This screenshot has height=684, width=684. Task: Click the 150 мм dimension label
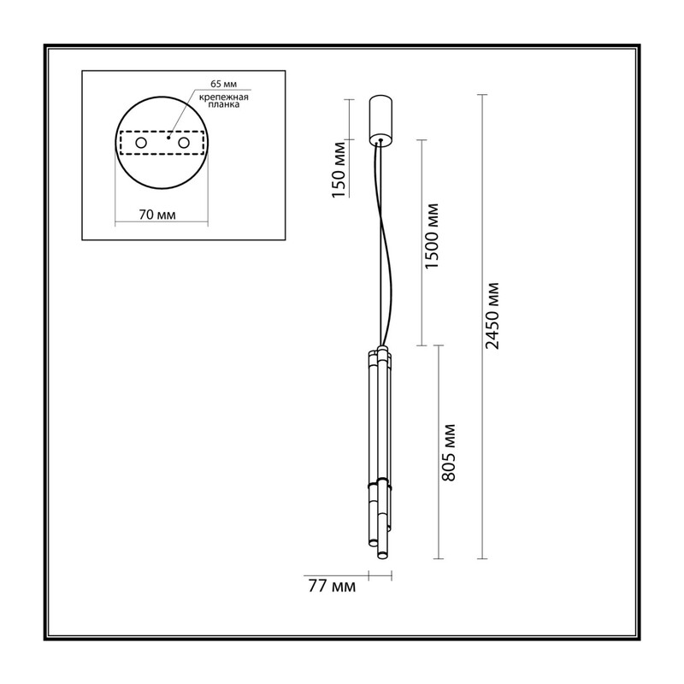coord(339,169)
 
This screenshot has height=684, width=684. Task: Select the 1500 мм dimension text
coord(432,236)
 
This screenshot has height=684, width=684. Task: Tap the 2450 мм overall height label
coord(492,315)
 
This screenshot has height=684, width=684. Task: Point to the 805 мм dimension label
coord(448,452)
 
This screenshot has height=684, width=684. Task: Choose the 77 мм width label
coord(332,587)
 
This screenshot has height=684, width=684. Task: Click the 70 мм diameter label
coord(157,215)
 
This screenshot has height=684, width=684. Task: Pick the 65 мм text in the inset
coord(224,84)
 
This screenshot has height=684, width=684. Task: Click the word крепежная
coord(224,97)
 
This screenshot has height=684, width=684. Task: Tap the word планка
coord(224,105)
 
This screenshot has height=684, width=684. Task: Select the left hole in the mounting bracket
coord(141,143)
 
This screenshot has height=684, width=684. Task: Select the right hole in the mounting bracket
coord(184,143)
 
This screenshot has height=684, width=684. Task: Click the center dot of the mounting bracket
coord(168,138)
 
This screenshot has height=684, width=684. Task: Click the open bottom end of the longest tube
coord(382,555)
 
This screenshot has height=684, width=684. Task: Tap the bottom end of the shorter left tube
coord(373,543)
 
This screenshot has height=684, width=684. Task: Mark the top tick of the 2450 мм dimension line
coord(481,95)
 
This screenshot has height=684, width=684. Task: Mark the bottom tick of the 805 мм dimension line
coord(438,559)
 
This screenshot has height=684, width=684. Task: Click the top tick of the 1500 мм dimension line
coord(421,140)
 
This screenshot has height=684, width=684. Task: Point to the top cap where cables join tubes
coord(382,349)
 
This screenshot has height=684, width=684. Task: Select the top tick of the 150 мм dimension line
coord(349,99)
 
